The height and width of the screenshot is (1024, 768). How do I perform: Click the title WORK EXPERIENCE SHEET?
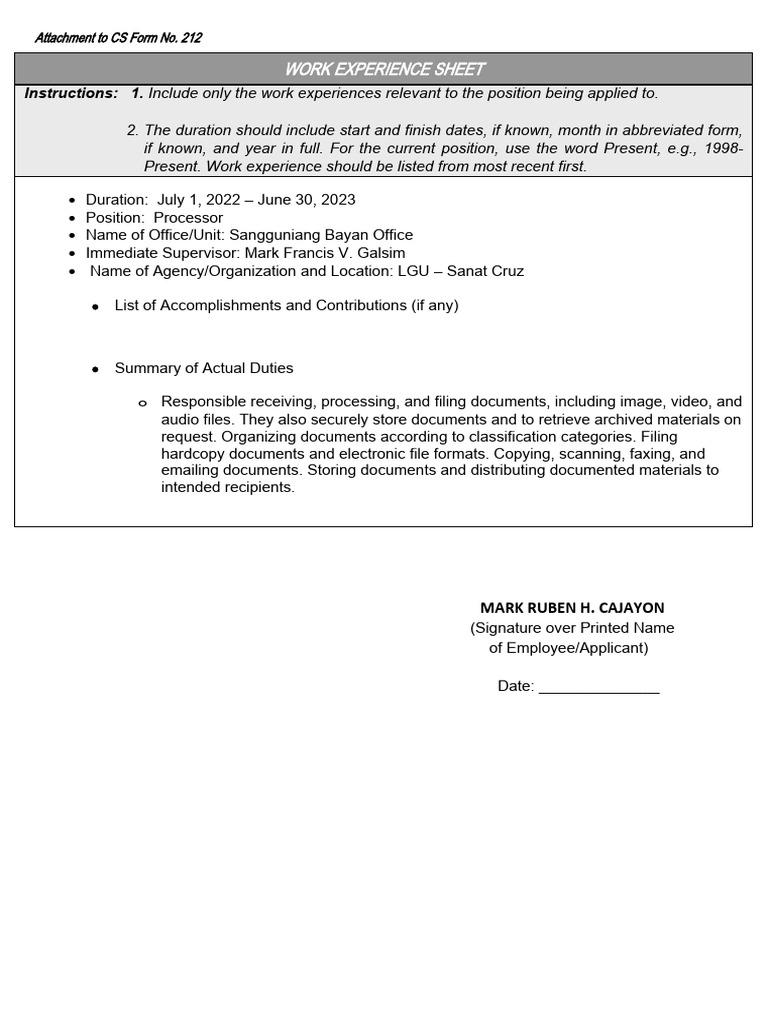click(x=384, y=69)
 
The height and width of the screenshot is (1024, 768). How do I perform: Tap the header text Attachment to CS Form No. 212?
click(x=118, y=38)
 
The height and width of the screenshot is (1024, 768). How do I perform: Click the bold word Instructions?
click(x=70, y=93)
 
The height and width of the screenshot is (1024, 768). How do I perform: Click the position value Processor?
click(x=188, y=218)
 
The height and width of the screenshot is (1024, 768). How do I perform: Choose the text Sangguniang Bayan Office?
click(x=321, y=236)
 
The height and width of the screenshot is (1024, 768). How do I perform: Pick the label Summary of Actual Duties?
click(x=204, y=369)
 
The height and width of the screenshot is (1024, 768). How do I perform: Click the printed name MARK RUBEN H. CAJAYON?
click(x=572, y=608)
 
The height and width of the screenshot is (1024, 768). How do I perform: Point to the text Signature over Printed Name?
click(x=572, y=628)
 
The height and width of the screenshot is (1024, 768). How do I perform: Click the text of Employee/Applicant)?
click(x=568, y=648)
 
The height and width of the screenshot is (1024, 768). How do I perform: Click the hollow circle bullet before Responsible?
click(x=142, y=403)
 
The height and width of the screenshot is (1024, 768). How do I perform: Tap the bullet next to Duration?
click(x=72, y=201)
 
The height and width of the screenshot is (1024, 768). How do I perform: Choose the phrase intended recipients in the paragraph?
click(x=228, y=488)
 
